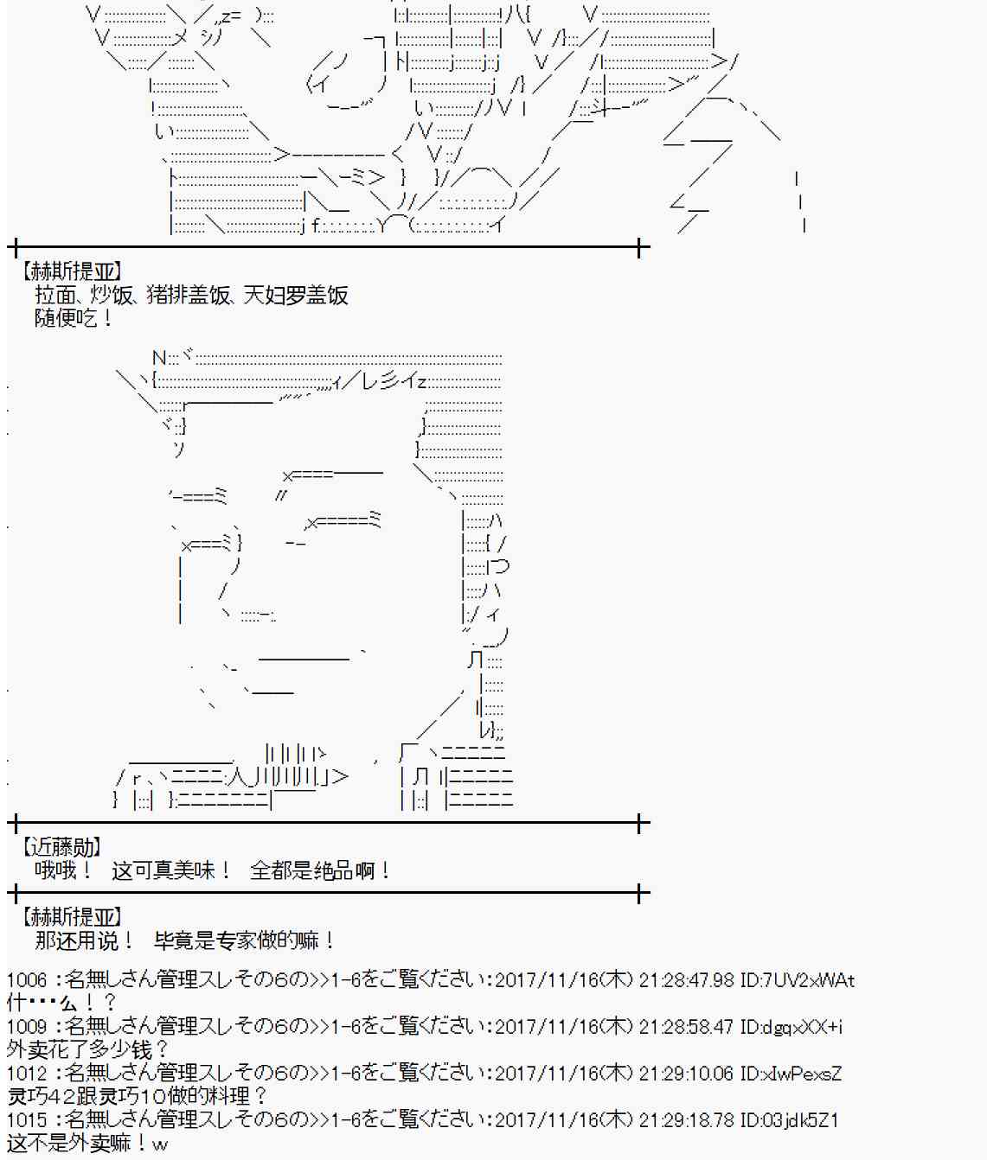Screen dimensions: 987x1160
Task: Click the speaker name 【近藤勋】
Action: click(x=61, y=846)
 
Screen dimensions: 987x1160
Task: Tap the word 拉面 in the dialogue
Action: click(x=55, y=296)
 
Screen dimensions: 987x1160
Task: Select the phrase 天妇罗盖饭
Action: click(x=296, y=296)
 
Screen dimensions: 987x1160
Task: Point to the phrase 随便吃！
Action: click(x=73, y=318)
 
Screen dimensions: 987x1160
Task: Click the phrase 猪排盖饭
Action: click(x=189, y=296)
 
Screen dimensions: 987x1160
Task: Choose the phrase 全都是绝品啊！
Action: click(x=319, y=870)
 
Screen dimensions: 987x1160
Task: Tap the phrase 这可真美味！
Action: click(x=170, y=870)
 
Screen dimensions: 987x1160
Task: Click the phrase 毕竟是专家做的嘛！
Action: click(x=244, y=940)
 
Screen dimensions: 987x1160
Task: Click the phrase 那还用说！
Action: click(x=84, y=940)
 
